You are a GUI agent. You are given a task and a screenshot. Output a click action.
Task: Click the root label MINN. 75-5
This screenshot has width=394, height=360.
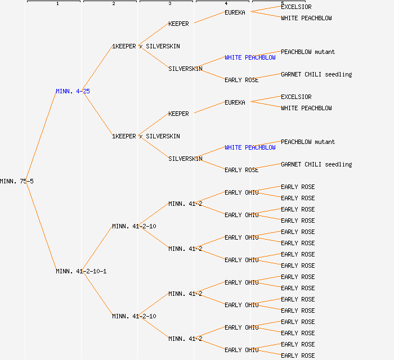pos(16,181)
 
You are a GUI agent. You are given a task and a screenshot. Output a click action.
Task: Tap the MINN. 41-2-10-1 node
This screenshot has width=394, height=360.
pos(81,271)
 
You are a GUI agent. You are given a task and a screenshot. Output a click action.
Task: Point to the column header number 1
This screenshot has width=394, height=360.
pos(57,4)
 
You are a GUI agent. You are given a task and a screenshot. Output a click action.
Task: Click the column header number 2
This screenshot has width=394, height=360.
pos(113,4)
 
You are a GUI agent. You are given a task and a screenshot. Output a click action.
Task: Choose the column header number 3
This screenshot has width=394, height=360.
pos(169,4)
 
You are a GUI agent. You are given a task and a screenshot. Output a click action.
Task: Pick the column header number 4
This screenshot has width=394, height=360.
pos(226,4)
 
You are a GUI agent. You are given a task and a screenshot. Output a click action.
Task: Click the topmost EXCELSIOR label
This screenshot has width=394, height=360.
pos(296,7)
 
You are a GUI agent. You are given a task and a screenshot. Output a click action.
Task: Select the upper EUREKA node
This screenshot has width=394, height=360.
pos(235,12)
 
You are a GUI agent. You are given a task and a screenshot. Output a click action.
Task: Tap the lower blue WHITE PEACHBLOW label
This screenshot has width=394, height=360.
pos(250,147)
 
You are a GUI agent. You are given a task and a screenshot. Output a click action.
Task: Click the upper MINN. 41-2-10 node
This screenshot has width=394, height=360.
pos(134,226)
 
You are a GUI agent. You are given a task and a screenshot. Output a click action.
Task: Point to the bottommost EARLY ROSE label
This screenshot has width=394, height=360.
pos(298,355)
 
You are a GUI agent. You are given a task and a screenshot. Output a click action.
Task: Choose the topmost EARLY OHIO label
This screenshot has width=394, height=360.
pos(241,192)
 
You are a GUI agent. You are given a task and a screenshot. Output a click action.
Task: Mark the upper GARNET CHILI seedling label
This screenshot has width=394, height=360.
pos(316,74)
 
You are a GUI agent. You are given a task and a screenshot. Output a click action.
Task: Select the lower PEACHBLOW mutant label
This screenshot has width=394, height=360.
pos(308,142)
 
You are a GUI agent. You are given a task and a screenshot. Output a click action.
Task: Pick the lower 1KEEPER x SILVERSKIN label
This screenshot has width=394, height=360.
pos(146,136)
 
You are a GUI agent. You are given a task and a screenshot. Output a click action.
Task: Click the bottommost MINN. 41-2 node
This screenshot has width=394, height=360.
pos(185,339)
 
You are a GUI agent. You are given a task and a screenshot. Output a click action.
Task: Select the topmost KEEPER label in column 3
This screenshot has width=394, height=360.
pos(178,24)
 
